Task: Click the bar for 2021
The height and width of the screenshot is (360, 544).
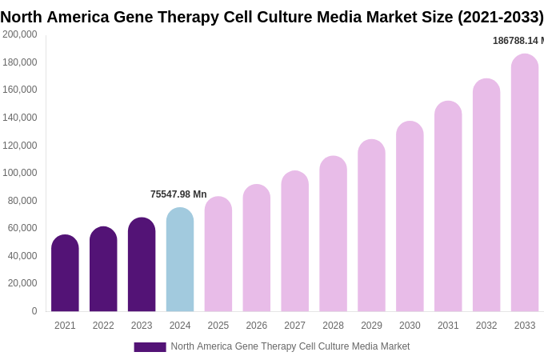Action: (x=65, y=274)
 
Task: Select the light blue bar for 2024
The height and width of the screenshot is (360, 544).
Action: (x=180, y=260)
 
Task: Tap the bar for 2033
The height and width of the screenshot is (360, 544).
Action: (x=525, y=183)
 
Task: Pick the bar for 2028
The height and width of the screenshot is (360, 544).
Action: (x=333, y=234)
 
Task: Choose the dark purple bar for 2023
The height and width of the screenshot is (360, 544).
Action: (x=142, y=265)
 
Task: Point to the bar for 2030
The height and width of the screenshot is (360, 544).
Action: (x=410, y=217)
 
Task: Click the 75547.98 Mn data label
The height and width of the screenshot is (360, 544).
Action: (x=178, y=194)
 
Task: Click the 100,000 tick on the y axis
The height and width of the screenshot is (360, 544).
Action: (x=19, y=173)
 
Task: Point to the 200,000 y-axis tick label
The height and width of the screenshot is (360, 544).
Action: (x=19, y=34)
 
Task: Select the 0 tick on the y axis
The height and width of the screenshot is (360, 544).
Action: (x=34, y=311)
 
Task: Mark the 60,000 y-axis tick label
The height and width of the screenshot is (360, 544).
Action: (x=22, y=228)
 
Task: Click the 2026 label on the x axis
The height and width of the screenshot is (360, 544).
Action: (x=257, y=326)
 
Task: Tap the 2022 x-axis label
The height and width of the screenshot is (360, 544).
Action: (x=103, y=326)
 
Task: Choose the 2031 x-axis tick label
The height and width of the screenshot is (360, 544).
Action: (x=448, y=326)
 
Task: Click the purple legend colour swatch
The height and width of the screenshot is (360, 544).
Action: (x=150, y=347)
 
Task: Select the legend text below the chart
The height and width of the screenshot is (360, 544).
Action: (x=290, y=346)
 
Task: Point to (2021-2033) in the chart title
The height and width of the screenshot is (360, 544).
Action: (x=500, y=17)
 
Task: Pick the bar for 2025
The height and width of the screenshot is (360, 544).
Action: (x=218, y=254)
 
